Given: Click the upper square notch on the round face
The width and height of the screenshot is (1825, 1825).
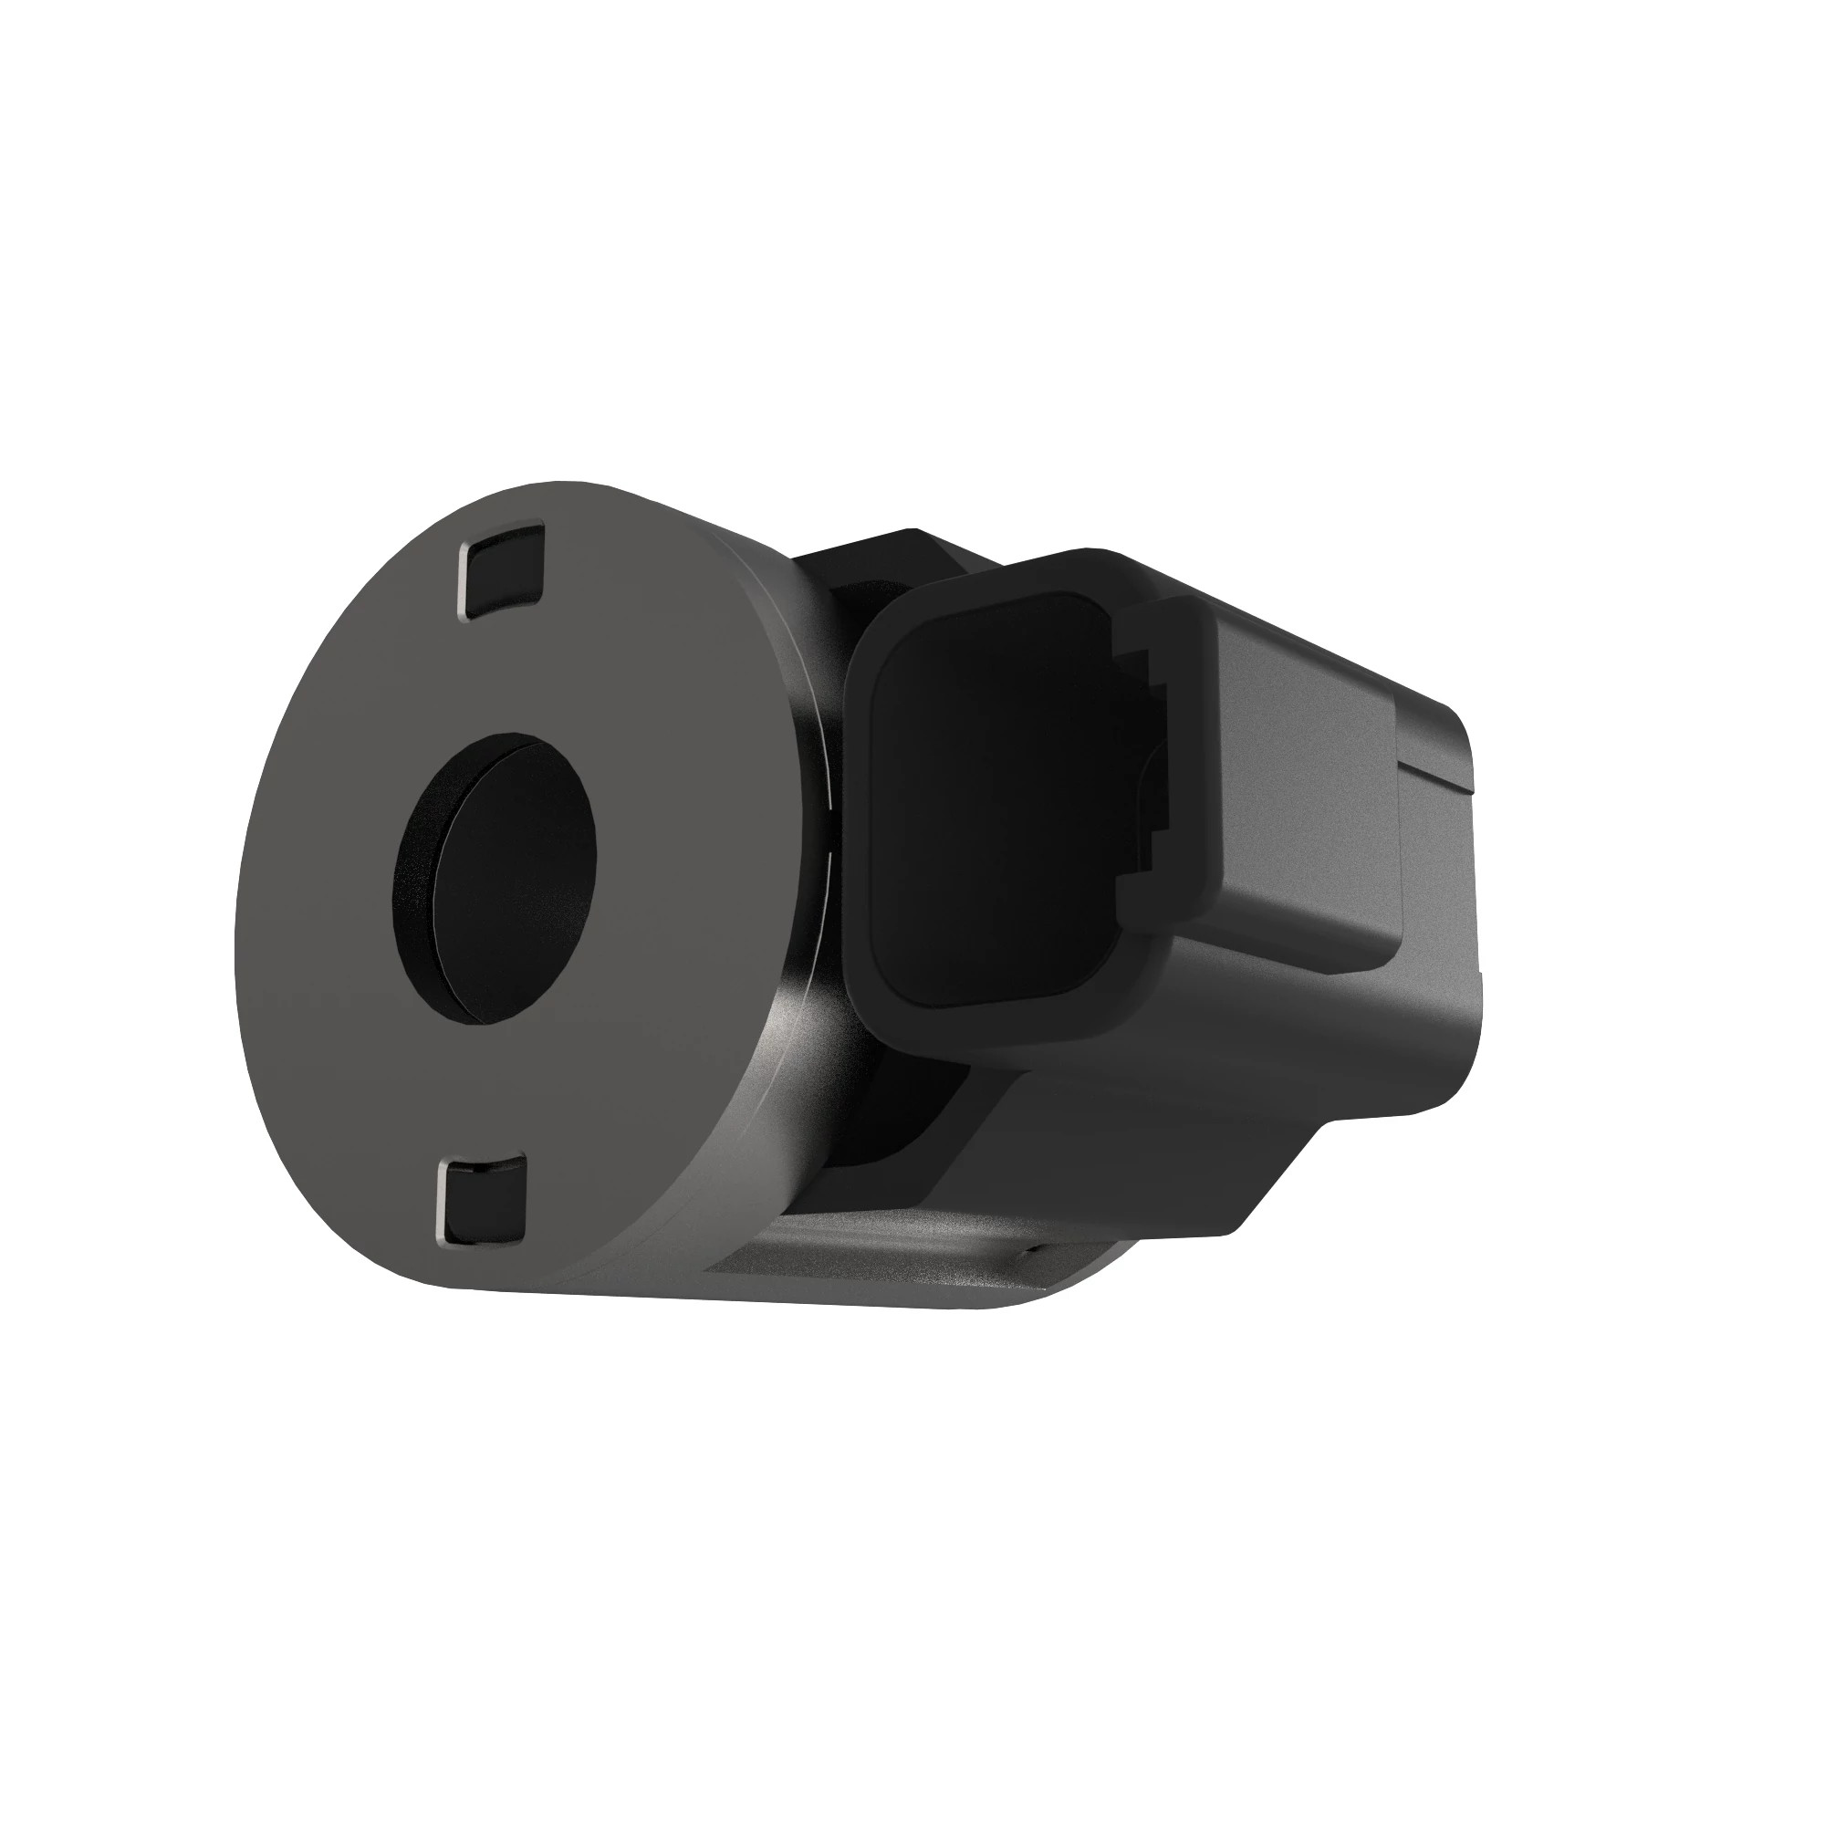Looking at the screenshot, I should tap(504, 570).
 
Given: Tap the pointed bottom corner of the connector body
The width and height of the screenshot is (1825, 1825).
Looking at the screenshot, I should tap(1228, 1228).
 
